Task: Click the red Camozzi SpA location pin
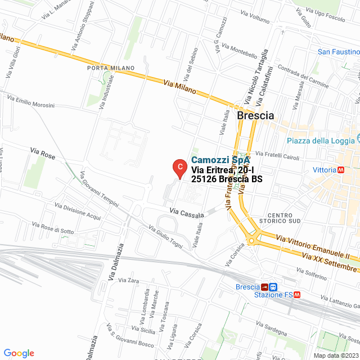tap(179, 167)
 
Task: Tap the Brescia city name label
tap(255, 115)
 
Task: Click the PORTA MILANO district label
tap(111, 68)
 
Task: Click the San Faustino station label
tap(338, 52)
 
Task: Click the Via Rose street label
tap(42, 154)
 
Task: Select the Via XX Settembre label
tap(329, 260)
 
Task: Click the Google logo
tap(19, 353)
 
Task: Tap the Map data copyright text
tap(335, 355)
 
